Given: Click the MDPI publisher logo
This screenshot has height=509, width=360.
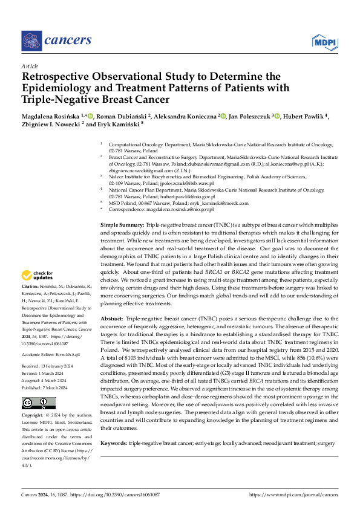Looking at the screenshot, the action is tap(325, 41).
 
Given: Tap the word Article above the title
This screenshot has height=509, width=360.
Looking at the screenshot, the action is tap(29, 66).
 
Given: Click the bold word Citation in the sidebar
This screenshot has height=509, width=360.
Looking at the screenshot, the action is tap(30, 285).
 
